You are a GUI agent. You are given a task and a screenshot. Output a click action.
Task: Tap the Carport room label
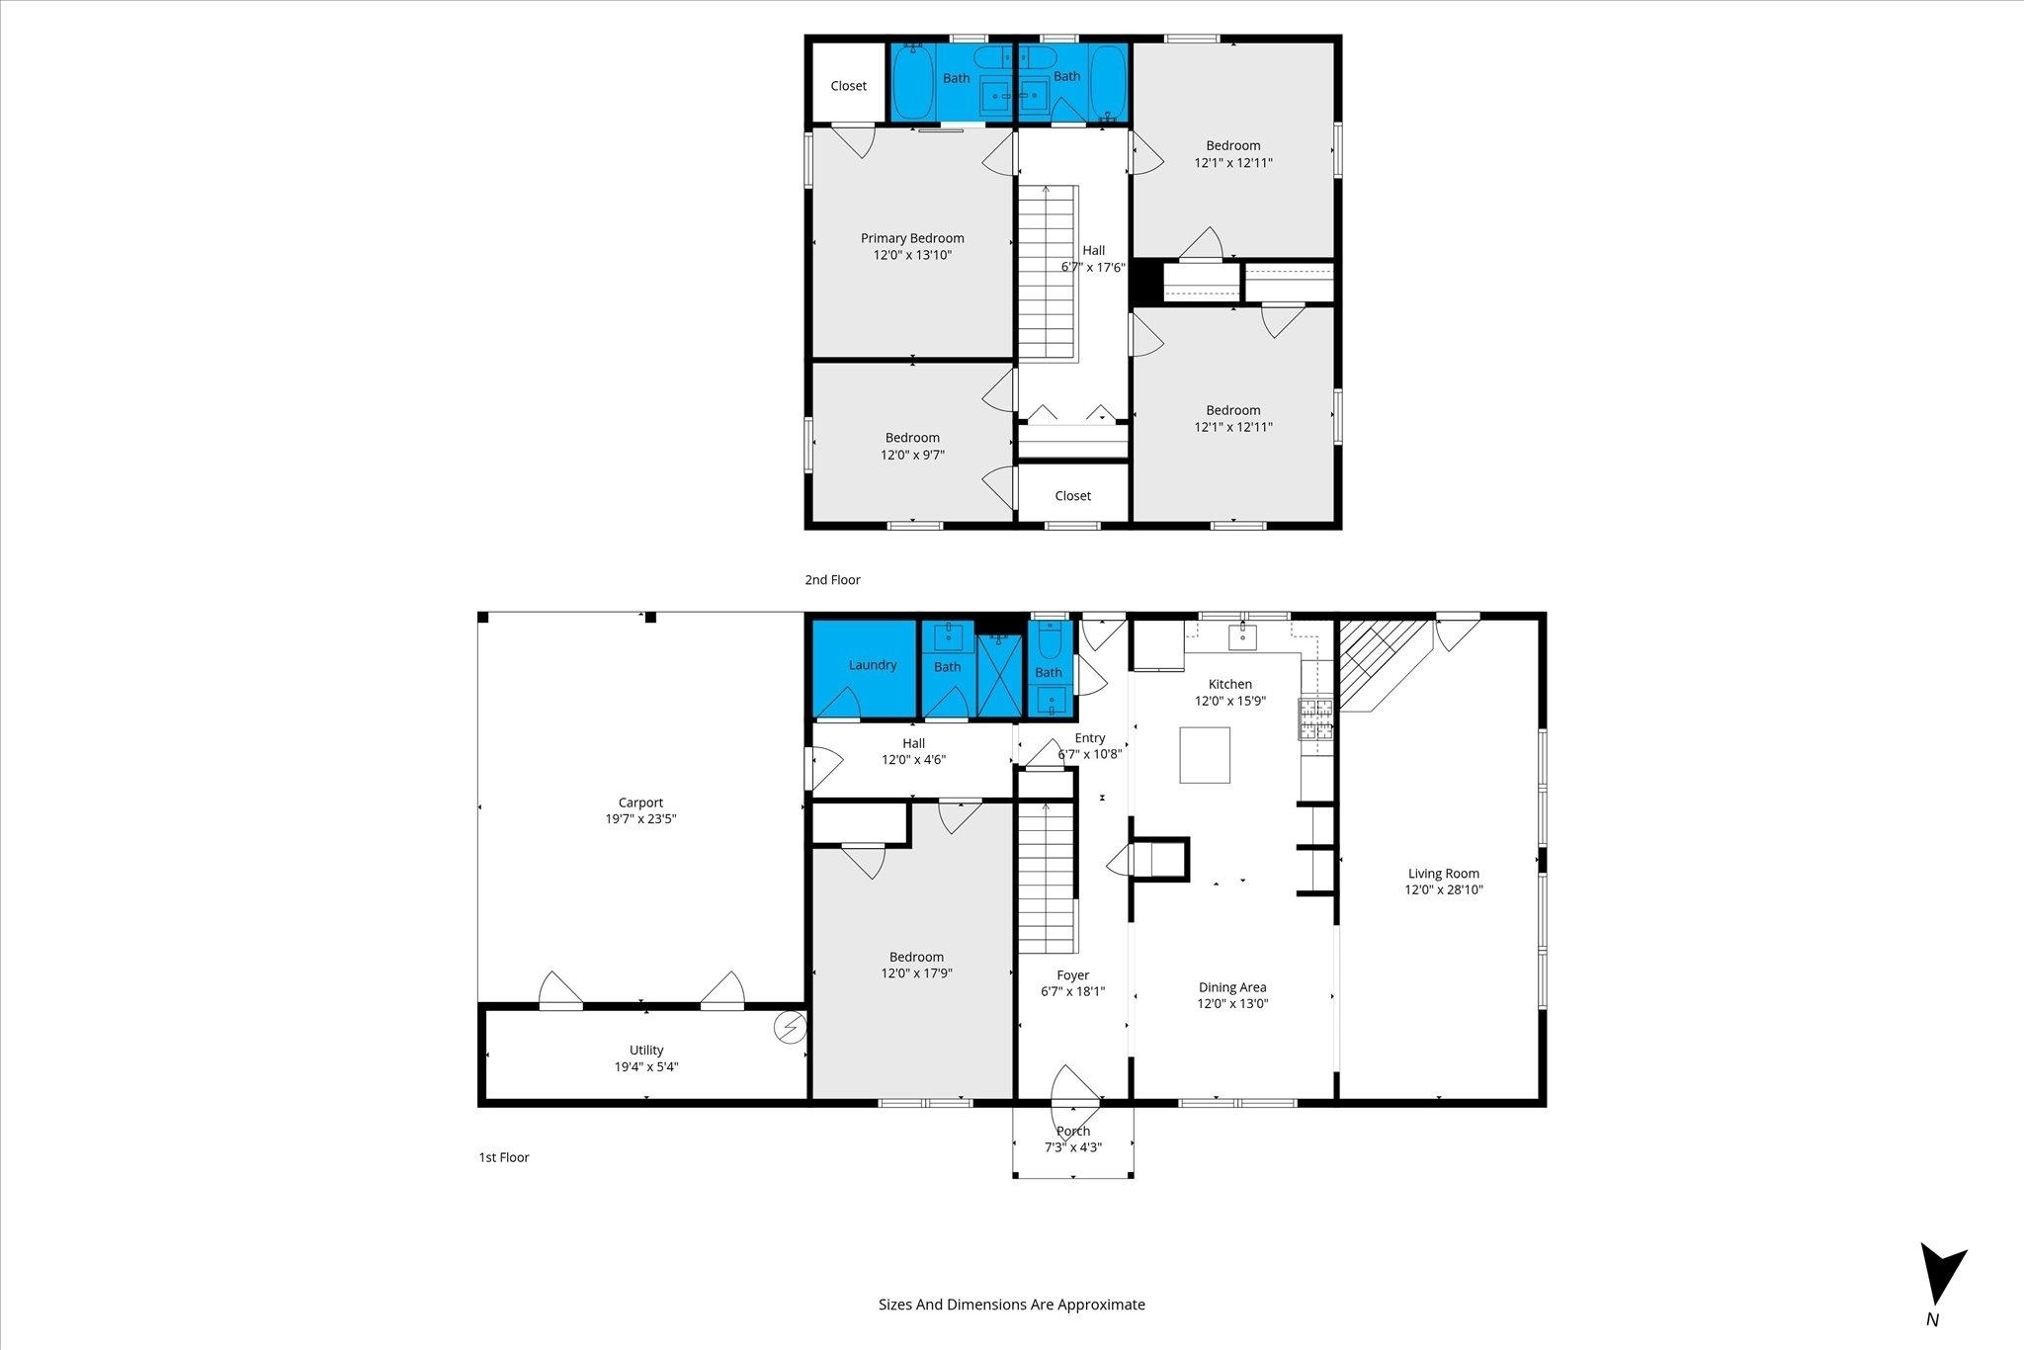(x=640, y=802)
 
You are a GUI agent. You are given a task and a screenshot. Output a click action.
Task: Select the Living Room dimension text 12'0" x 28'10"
(x=1444, y=889)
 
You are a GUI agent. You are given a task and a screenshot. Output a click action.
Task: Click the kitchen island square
(x=1205, y=755)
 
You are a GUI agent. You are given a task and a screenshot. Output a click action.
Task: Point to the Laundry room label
(x=873, y=665)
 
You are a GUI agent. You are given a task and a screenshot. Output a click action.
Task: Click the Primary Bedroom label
(x=912, y=238)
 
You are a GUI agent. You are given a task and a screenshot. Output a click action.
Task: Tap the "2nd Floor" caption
(x=832, y=580)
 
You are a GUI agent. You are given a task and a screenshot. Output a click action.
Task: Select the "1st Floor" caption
(x=504, y=1157)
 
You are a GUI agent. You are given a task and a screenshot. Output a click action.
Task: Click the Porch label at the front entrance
(x=1073, y=1131)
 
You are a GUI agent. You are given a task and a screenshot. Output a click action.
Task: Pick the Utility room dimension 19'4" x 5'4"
(x=646, y=1066)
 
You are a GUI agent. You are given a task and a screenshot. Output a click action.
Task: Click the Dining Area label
(x=1232, y=987)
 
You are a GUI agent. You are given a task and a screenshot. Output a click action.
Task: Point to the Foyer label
(x=1073, y=975)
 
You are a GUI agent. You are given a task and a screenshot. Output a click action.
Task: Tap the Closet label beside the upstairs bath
(x=849, y=86)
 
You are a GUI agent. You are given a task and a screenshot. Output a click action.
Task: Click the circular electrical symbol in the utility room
(x=791, y=1029)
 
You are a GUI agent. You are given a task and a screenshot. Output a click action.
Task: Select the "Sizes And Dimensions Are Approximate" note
(x=1012, y=1305)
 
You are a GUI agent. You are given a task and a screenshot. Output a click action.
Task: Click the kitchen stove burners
(x=1315, y=718)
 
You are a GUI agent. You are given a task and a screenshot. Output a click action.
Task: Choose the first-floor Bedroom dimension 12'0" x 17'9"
(x=916, y=973)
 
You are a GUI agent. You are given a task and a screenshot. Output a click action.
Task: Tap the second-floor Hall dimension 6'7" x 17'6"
(x=1093, y=267)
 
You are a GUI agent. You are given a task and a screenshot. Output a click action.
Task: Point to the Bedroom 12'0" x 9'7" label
(x=912, y=447)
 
